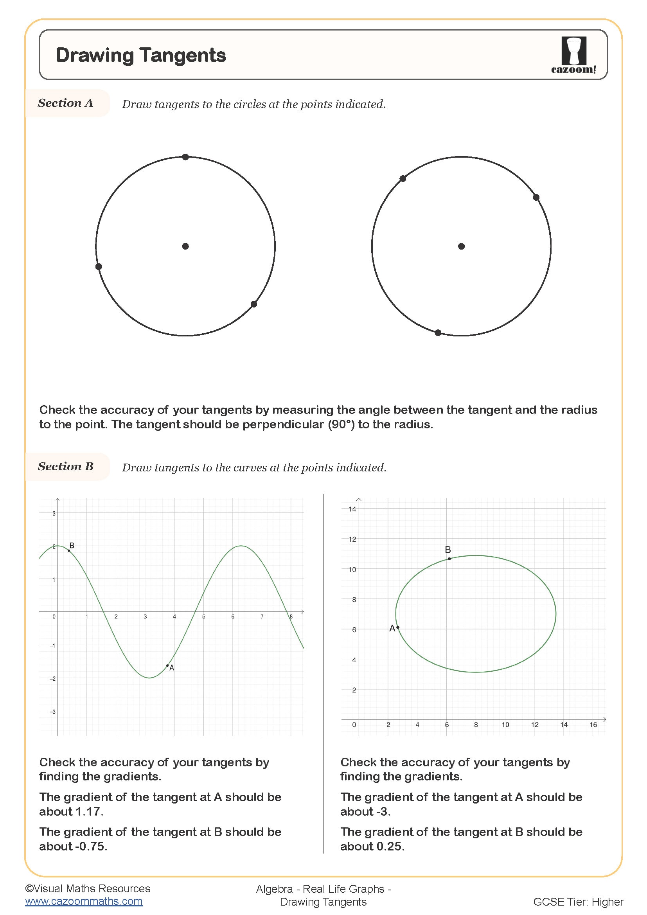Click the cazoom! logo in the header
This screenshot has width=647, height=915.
click(x=573, y=55)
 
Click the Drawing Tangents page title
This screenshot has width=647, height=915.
click(x=141, y=55)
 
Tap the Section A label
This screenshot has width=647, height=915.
click(x=65, y=103)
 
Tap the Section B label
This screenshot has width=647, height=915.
click(x=65, y=466)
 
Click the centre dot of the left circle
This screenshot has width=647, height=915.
click(x=185, y=246)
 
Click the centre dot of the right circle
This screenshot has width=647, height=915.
click(x=461, y=246)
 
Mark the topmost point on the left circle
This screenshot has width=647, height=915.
click(x=185, y=157)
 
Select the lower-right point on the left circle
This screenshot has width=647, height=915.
click(x=254, y=304)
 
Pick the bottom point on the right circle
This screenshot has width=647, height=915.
click(x=438, y=333)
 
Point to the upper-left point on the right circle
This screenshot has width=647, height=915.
click(x=403, y=178)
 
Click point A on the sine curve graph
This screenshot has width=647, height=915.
click(x=167, y=665)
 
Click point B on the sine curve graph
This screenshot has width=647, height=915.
click(x=69, y=551)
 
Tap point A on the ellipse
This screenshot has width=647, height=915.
click(x=397, y=627)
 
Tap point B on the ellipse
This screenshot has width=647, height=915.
click(x=449, y=559)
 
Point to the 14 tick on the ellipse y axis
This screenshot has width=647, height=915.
click(x=352, y=509)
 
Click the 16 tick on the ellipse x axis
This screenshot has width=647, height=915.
click(x=593, y=725)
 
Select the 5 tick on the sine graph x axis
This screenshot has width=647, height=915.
click(x=203, y=617)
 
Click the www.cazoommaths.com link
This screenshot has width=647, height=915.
click(x=84, y=901)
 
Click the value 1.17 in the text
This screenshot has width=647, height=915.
click(x=89, y=811)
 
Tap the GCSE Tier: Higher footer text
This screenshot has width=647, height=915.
click(x=578, y=901)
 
